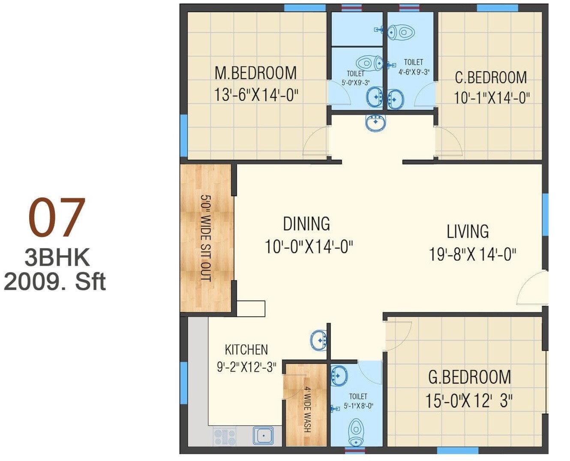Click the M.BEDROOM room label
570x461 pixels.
pyautogui.click(x=255, y=73)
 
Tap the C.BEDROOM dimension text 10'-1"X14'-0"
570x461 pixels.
pyautogui.click(x=492, y=98)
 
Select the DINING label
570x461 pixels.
pyautogui.click(x=306, y=224)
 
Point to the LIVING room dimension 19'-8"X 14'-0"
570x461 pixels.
pyautogui.click(x=472, y=254)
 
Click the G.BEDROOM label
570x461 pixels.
pyautogui.click(x=469, y=377)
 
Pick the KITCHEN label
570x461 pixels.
pyautogui.click(x=246, y=349)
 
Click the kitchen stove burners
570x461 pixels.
pyautogui.click(x=225, y=437)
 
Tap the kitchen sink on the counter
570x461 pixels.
pyautogui.click(x=263, y=436)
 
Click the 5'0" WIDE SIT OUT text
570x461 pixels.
pyautogui.click(x=206, y=238)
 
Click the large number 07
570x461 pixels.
pyautogui.click(x=57, y=218)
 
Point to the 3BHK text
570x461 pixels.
pyautogui.click(x=57, y=258)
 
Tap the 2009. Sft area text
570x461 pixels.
pyautogui.click(x=55, y=282)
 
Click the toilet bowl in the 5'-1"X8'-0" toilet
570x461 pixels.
pyautogui.click(x=356, y=432)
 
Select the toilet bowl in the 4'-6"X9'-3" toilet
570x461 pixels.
pyautogui.click(x=402, y=32)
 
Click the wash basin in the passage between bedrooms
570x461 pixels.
pyautogui.click(x=376, y=122)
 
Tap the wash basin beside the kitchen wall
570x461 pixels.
pyautogui.click(x=318, y=340)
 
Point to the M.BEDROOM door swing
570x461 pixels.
pyautogui.click(x=316, y=142)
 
